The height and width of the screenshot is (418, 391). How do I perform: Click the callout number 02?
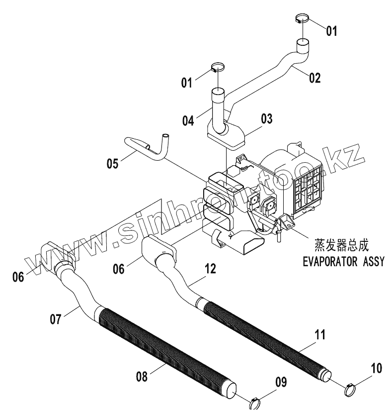[314, 78]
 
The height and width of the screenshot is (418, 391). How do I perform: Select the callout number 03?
[267, 118]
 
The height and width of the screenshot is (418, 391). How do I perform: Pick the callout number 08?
[142, 377]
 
